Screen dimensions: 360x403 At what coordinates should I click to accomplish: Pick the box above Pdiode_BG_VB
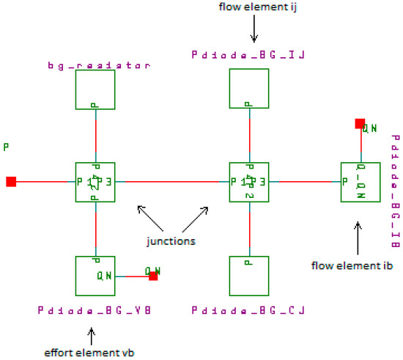tap(96, 276)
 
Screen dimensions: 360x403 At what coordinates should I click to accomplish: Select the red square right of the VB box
tap(153, 276)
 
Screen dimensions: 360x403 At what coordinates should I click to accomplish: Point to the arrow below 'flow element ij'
tap(254, 32)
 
